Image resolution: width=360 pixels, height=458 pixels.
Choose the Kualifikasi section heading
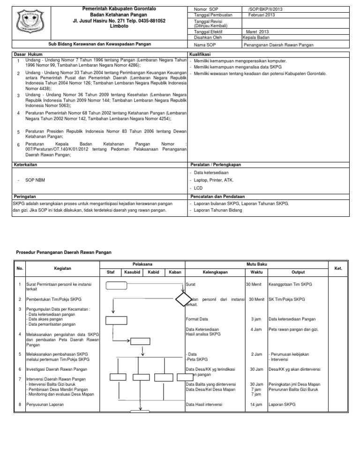tap(201, 55)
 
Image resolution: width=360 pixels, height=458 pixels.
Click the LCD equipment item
tap(198, 187)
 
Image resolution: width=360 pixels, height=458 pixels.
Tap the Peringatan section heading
tap(24, 197)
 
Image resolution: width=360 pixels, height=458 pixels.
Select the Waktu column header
tap(256, 272)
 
